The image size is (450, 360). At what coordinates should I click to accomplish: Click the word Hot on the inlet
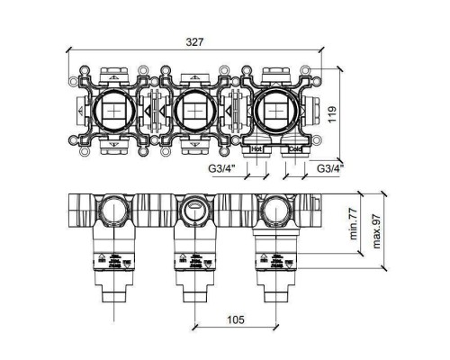256,150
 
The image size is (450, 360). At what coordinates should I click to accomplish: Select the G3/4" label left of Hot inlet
218,168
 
